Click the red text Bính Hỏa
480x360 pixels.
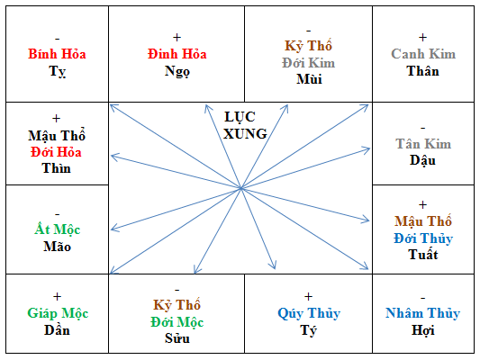pyautogui.click(x=57, y=54)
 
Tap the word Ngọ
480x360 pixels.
pyautogui.click(x=177, y=72)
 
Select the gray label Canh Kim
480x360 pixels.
pyautogui.click(x=423, y=54)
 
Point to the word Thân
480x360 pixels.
pyautogui.click(x=422, y=71)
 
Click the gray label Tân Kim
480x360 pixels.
pyautogui.click(x=423, y=143)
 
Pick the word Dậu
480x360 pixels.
pyautogui.click(x=422, y=160)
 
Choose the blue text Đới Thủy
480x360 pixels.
pyautogui.click(x=423, y=238)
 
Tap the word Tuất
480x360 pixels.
pyautogui.click(x=422, y=255)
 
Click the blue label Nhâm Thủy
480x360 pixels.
pyautogui.click(x=422, y=313)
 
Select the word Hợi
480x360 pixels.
pyautogui.click(x=422, y=330)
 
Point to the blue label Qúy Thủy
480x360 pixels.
pyautogui.click(x=309, y=313)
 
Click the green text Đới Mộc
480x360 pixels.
pyautogui.click(x=177, y=322)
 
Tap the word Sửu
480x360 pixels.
pyautogui.click(x=177, y=338)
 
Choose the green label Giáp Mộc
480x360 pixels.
pyautogui.click(x=58, y=313)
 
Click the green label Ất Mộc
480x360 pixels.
pyautogui.click(x=58, y=229)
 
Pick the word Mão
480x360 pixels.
pyautogui.click(x=58, y=247)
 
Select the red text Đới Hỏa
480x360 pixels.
pyautogui.click(x=56, y=152)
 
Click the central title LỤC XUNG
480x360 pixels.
pyautogui.click(x=245, y=125)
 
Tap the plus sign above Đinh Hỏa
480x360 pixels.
pyautogui.click(x=177, y=37)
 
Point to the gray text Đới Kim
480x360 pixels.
pyautogui.click(x=309, y=63)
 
